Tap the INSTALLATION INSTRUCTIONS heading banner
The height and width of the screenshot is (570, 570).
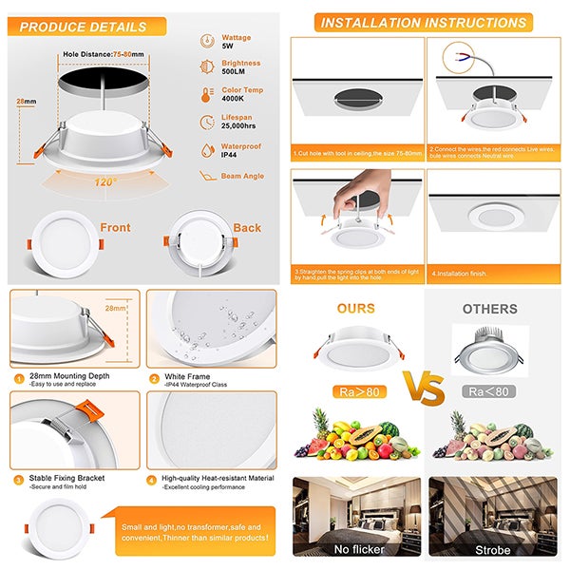[x=424, y=22]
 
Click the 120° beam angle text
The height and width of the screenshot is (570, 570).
[x=104, y=181]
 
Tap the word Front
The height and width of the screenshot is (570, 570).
[x=115, y=228]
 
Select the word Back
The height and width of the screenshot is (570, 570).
[x=246, y=228]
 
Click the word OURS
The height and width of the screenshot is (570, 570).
[x=356, y=309]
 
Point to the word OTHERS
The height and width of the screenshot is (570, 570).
[x=489, y=309]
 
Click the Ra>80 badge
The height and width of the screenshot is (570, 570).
[x=358, y=390]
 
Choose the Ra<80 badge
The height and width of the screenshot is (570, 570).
[x=487, y=390]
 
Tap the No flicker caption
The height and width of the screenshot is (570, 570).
[x=357, y=549]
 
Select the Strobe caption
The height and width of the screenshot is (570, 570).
[x=492, y=549]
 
